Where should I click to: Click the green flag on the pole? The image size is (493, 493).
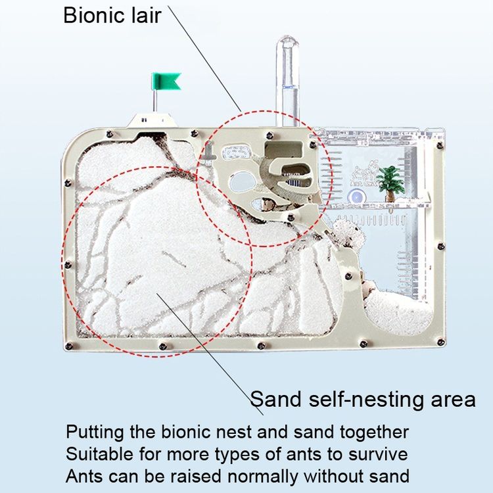pos(166,82)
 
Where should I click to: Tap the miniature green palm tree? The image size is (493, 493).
pos(390,183)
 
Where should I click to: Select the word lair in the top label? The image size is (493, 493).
pos(146,15)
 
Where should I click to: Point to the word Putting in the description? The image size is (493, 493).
pos(95,433)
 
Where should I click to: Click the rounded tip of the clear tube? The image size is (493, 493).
pos(287,40)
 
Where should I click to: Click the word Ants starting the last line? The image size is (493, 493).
pos(85,477)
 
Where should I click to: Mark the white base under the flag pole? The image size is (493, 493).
pos(152,120)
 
